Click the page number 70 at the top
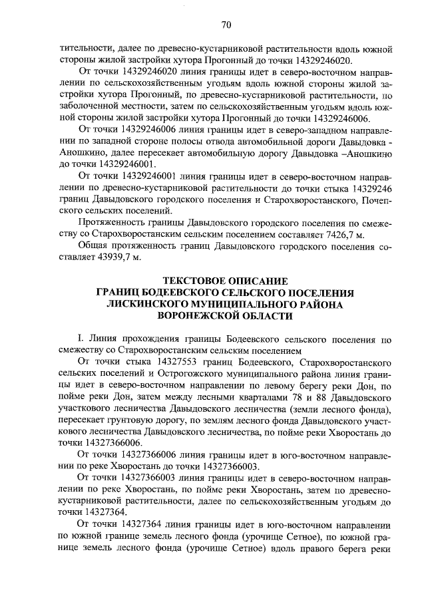pos(225,26)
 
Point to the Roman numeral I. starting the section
pos(81,338)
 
